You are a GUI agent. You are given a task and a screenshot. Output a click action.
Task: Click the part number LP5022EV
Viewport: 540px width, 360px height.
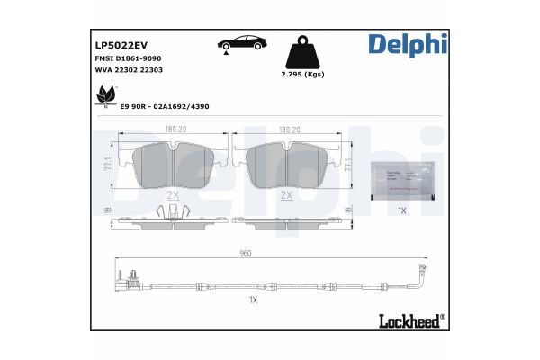[121, 43]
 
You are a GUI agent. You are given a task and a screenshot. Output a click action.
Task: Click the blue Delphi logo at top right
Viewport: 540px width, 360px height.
[406, 43]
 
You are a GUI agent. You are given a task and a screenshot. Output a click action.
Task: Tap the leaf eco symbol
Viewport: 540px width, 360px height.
[105, 94]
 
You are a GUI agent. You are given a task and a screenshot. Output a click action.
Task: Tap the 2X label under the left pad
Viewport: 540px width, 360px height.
[174, 194]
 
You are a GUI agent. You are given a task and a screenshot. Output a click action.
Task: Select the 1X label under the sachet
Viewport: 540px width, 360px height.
[402, 211]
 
